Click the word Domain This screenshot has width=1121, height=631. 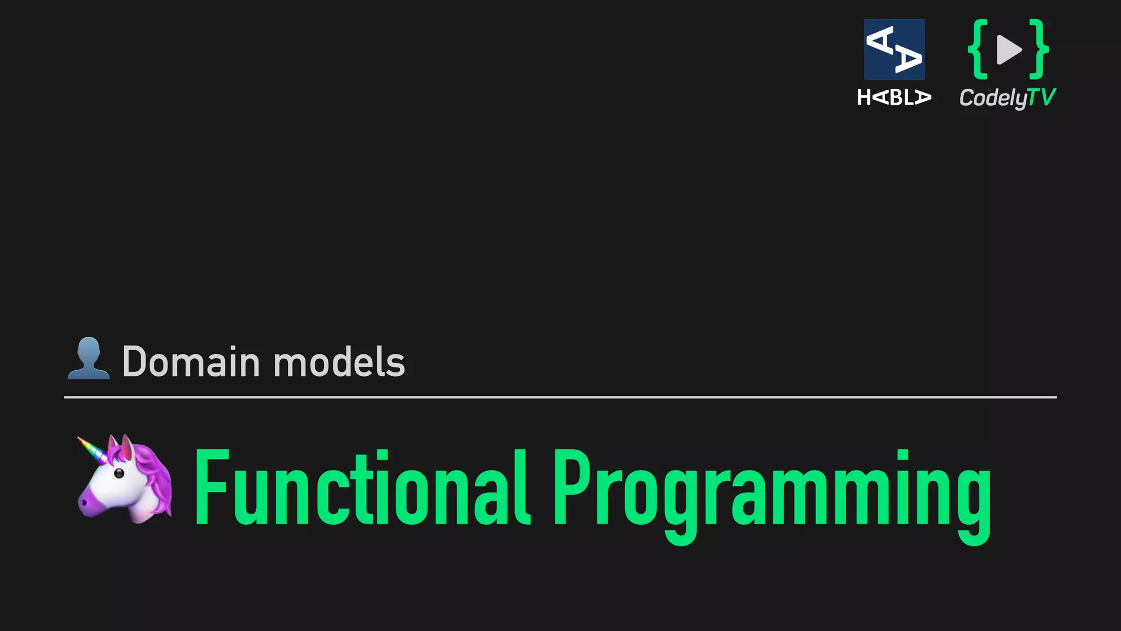point(190,362)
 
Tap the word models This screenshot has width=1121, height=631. point(339,362)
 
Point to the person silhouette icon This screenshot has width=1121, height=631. point(88,359)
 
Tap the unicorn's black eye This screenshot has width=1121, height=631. point(118,473)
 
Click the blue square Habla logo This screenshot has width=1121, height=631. point(894,49)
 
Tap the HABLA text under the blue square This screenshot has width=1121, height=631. point(894,97)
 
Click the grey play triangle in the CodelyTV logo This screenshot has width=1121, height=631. point(1008,49)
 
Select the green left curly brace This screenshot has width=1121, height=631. point(978,49)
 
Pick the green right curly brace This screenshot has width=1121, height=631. point(1038,49)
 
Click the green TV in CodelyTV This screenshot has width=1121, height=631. point(1041,97)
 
